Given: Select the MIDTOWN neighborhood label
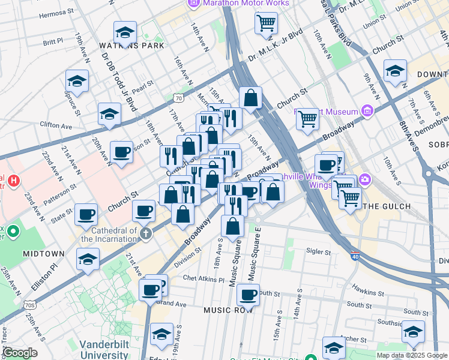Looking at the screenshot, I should (x=43, y=254).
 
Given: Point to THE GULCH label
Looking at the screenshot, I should (x=388, y=206).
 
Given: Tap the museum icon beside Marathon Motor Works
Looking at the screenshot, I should (x=193, y=4).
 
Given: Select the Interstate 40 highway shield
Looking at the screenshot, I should (x=355, y=256).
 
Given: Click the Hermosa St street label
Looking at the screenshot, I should (x=57, y=11).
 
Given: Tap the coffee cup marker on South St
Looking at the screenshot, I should (x=248, y=295).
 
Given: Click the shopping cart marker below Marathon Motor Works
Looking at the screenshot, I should (x=266, y=23).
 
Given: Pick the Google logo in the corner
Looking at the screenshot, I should (x=19, y=353).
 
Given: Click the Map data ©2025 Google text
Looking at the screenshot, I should (x=412, y=355).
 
